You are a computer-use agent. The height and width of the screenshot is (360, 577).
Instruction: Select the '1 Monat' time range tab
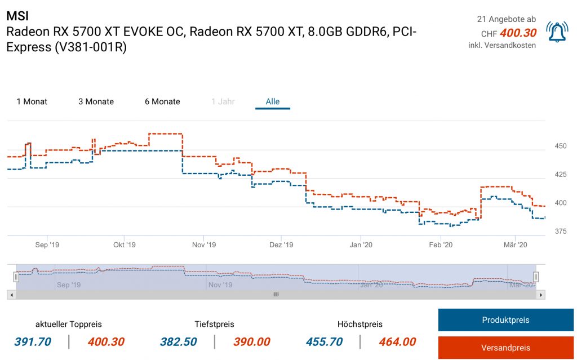(x=32, y=102)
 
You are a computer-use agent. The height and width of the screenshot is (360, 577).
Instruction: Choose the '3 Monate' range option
(x=96, y=102)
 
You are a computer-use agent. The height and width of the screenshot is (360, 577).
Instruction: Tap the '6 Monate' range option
(x=162, y=102)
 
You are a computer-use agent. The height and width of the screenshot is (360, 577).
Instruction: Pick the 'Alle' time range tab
(x=273, y=102)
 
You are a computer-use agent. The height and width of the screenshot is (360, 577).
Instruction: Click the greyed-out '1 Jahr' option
(x=223, y=102)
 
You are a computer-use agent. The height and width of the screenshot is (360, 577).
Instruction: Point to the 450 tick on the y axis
(x=561, y=146)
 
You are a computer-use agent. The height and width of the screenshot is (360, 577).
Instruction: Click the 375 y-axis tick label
(x=561, y=231)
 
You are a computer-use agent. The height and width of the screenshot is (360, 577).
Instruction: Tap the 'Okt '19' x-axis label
(x=125, y=245)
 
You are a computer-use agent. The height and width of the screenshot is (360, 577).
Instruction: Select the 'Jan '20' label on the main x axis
(x=361, y=245)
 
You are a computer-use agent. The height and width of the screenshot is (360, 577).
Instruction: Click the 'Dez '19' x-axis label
(x=281, y=245)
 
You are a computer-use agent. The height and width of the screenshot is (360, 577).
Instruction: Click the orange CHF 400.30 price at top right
(x=518, y=33)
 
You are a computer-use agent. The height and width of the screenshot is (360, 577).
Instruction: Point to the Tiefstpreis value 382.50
(x=179, y=342)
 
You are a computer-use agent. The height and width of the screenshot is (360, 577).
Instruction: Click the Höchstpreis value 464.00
(x=397, y=342)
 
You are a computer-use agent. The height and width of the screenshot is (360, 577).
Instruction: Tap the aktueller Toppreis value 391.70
(x=33, y=342)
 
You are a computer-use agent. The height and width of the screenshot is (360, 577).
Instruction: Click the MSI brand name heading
(x=17, y=16)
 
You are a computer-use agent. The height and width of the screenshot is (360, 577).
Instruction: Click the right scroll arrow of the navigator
(x=541, y=295)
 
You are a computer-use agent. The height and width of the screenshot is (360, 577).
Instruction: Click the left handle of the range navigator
(x=16, y=277)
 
